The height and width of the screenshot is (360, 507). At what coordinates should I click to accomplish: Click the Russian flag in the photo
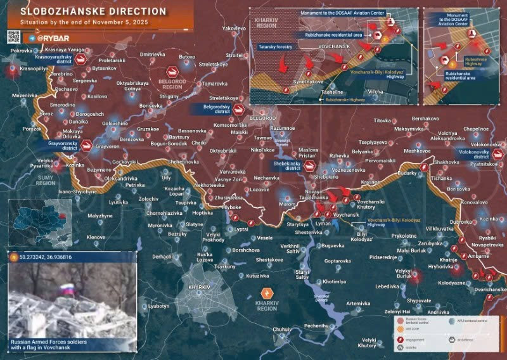pos(65,290)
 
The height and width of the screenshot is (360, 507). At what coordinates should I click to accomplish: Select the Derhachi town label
pos(162,257)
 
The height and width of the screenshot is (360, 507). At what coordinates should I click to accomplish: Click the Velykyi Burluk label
pos(408,274)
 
